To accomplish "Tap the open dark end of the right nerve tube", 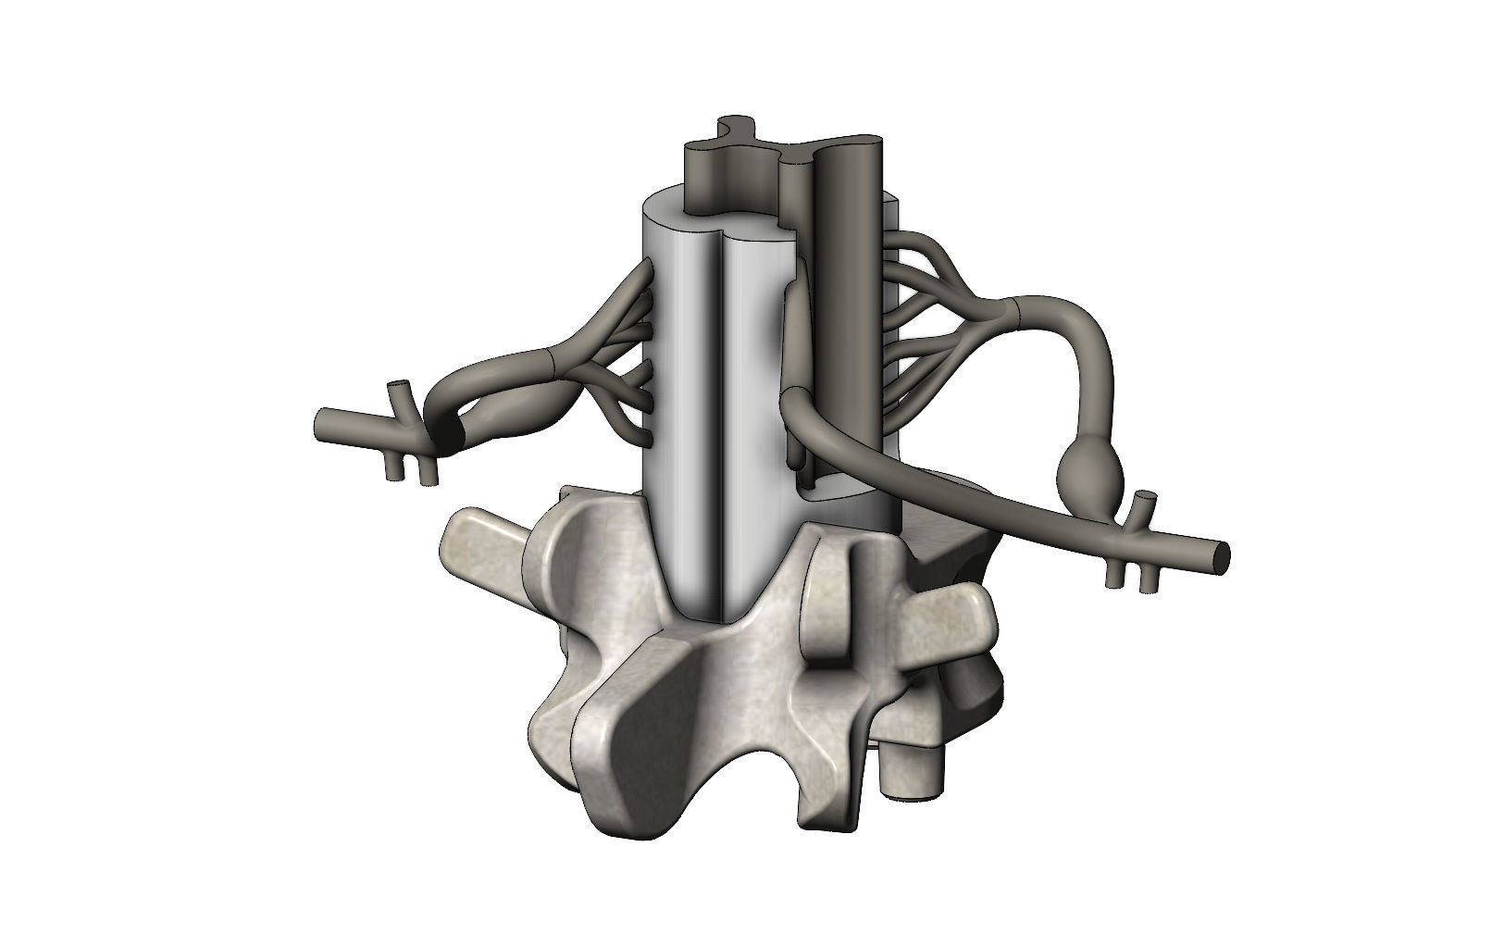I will coord(1221,555).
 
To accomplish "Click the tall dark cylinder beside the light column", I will coord(847,278).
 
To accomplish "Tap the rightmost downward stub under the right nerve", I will coord(1150,576).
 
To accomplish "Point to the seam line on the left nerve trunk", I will coord(553,363).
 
